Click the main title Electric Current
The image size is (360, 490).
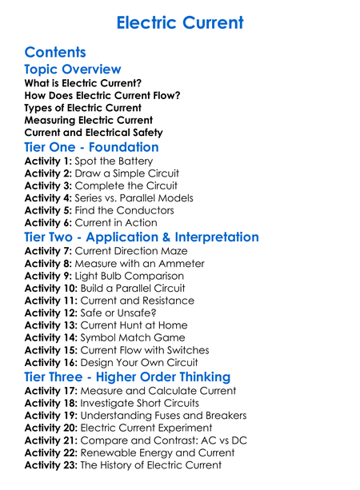coord(179,22)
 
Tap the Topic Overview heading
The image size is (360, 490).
coord(73,70)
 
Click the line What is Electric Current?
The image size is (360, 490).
coord(83,83)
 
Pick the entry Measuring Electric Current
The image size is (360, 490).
coord(89,120)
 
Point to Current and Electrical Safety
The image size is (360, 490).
coord(94,133)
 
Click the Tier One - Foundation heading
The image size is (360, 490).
coord(91,148)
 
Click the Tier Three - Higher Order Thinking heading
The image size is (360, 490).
coord(127,376)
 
